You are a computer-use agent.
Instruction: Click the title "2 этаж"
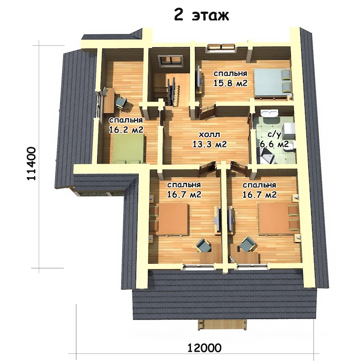(202, 15)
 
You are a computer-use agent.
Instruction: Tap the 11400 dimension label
(31, 164)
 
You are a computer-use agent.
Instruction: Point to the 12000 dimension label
(204, 348)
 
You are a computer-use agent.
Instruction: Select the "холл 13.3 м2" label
(210, 139)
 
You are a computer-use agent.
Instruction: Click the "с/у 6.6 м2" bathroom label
(274, 140)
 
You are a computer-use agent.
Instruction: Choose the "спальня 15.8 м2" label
(231, 79)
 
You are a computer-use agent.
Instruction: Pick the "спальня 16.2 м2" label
(126, 125)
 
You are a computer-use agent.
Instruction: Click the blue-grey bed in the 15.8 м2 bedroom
(272, 82)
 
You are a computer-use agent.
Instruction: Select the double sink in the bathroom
(269, 113)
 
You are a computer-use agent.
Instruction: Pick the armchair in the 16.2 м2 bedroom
(121, 103)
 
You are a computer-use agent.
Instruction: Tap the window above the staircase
(170, 61)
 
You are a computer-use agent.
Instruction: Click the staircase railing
(172, 92)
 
